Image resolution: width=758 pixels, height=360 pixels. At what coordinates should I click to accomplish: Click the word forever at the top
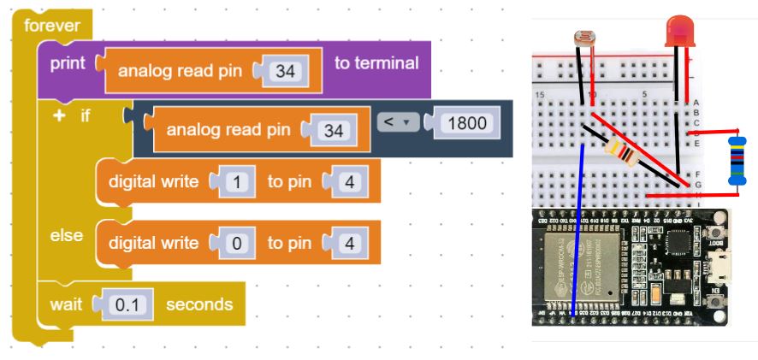tap(52, 25)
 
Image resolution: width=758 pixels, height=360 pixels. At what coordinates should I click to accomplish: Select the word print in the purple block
tap(68, 63)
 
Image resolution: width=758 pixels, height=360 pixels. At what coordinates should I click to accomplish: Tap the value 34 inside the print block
tap(285, 72)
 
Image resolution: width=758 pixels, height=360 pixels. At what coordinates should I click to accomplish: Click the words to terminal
tap(376, 63)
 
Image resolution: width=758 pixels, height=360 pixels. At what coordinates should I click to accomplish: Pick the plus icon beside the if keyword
tap(59, 115)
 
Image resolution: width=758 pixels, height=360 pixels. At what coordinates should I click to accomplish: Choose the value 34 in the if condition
tap(334, 131)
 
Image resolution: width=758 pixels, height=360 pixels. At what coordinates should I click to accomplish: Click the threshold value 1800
tap(466, 123)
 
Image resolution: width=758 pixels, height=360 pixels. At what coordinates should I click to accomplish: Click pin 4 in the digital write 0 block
tap(348, 244)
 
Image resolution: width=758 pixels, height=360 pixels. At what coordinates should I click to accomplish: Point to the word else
tap(66, 235)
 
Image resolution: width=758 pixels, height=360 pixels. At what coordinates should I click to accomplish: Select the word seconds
tap(198, 304)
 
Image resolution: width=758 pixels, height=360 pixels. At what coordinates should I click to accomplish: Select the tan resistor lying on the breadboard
tap(620, 153)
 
